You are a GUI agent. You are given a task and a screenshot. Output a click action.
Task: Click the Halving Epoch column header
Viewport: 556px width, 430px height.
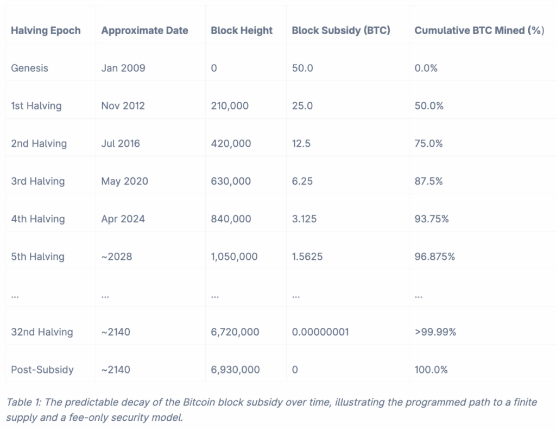pos(46,30)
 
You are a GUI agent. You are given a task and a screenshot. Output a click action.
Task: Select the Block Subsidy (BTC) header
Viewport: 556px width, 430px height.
pos(341,30)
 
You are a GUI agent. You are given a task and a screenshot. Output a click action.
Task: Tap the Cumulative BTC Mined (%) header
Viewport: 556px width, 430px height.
pos(479,30)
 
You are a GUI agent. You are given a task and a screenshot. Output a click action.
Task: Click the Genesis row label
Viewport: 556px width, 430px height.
pos(29,68)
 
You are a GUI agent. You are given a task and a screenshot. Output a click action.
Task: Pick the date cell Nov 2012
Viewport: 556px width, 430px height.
pos(123,106)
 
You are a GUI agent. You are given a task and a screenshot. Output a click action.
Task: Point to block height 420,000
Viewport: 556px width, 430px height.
pos(231,144)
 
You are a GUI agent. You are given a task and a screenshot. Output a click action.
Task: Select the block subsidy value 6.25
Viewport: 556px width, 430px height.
pos(302,181)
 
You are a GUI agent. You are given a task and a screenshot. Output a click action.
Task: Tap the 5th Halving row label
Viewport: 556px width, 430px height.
pos(37,257)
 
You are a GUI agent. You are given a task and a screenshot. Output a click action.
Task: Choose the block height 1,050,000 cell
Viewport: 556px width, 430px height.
pos(234,257)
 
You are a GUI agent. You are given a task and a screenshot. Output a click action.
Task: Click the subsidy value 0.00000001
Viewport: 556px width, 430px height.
pos(320,332)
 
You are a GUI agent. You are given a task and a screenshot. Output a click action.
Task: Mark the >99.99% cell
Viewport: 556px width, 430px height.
pos(435,332)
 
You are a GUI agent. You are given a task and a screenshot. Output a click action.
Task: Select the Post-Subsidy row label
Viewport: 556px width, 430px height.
pos(42,370)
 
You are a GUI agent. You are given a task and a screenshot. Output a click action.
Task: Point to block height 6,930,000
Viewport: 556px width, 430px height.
pos(235,370)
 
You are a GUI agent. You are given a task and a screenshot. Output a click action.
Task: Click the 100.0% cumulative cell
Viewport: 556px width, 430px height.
pos(431,370)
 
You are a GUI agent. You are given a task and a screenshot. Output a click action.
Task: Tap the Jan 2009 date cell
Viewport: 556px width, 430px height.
pos(123,68)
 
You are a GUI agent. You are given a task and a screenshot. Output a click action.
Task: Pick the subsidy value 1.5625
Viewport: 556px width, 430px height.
pos(307,257)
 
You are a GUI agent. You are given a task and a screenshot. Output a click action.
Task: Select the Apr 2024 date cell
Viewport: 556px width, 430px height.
pos(122,219)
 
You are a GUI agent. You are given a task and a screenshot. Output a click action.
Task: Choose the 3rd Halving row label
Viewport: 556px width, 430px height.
pos(37,181)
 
